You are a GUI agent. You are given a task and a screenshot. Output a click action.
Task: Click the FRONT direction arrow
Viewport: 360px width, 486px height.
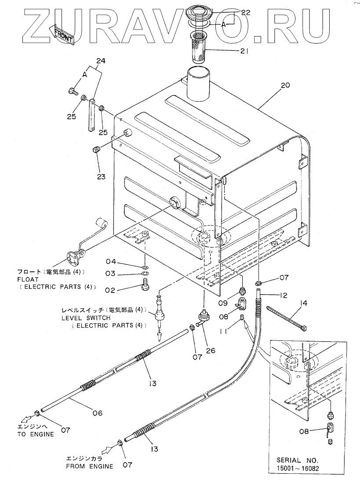click(62, 34)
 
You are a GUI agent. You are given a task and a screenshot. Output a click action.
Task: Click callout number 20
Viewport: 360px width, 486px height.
click(285, 86)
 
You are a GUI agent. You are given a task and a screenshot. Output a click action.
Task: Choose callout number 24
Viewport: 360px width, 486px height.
click(101, 61)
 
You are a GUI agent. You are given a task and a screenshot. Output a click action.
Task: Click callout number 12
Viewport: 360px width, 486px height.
click(283, 296)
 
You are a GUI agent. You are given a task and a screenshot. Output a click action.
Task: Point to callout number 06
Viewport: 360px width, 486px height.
click(98, 413)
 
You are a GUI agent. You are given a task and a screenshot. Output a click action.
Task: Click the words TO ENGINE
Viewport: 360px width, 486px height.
click(36, 435)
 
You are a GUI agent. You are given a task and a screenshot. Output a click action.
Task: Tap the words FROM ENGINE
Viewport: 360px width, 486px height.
click(89, 466)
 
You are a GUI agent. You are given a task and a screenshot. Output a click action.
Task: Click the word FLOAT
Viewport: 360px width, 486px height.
click(28, 279)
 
